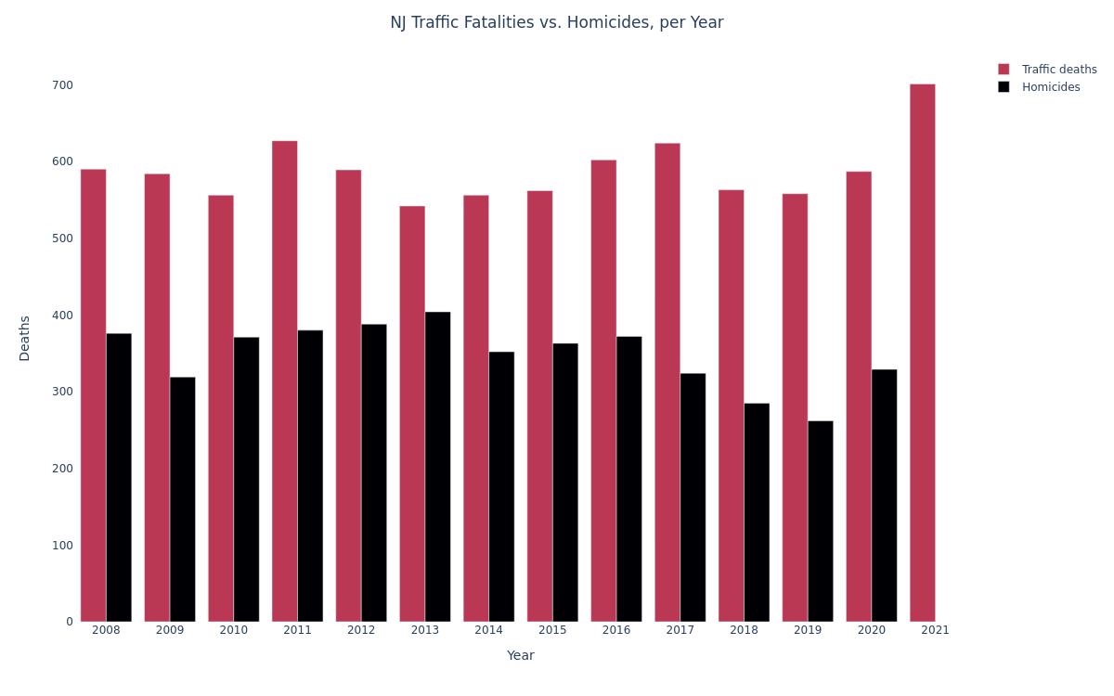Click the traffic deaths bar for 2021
pyautogui.click(x=922, y=353)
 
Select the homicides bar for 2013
pyautogui.click(x=437, y=467)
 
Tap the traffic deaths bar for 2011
pyautogui.click(x=284, y=381)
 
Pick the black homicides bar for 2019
pyautogui.click(x=820, y=522)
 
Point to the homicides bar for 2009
pyautogui.click(x=182, y=499)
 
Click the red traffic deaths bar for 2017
pyautogui.click(x=667, y=382)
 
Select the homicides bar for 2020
pyautogui.click(x=884, y=496)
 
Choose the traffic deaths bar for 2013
pyautogui.click(x=412, y=414)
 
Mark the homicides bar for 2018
pyautogui.click(x=757, y=512)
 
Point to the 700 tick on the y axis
pyautogui.click(x=62, y=85)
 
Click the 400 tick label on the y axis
pyautogui.click(x=62, y=316)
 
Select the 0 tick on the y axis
pyautogui.click(x=69, y=622)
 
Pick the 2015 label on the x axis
pyautogui.click(x=552, y=631)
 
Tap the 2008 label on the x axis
pyautogui.click(x=106, y=631)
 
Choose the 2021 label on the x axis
pyautogui.click(x=935, y=631)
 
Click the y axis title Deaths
pyautogui.click(x=25, y=338)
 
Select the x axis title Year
pyautogui.click(x=520, y=656)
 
